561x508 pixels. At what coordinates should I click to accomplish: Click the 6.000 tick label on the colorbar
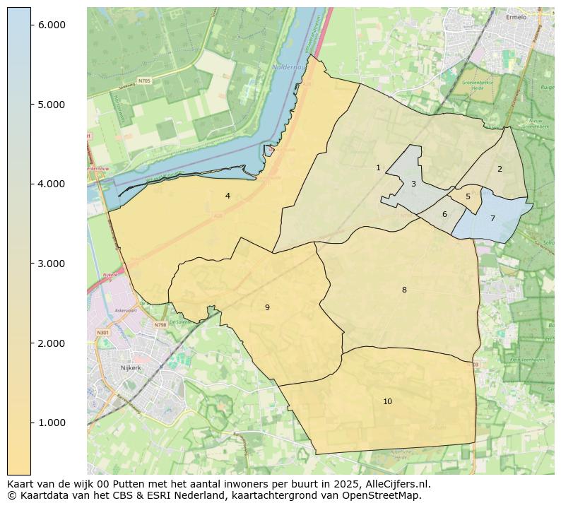51,25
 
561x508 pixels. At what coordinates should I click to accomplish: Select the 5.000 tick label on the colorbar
51,105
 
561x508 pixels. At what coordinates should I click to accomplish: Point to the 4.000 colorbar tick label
51,184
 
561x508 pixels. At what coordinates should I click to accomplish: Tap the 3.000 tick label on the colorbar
51,264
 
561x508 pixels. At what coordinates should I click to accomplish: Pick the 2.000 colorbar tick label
51,343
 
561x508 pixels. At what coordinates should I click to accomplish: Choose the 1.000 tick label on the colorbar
51,423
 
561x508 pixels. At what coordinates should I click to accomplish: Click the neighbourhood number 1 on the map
378,167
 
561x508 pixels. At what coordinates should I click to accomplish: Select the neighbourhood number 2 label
500,169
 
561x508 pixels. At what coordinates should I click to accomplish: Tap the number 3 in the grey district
413,184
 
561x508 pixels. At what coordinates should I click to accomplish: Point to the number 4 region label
228,196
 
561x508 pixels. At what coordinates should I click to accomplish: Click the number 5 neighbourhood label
468,197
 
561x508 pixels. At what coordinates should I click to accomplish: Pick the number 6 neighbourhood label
444,214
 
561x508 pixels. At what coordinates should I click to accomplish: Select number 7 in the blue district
492,218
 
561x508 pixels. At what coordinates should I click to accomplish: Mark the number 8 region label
404,290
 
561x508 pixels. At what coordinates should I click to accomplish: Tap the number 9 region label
267,307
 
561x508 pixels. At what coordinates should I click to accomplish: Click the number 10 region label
387,401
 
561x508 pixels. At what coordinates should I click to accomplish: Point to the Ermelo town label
516,17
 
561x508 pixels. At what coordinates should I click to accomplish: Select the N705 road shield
144,81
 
